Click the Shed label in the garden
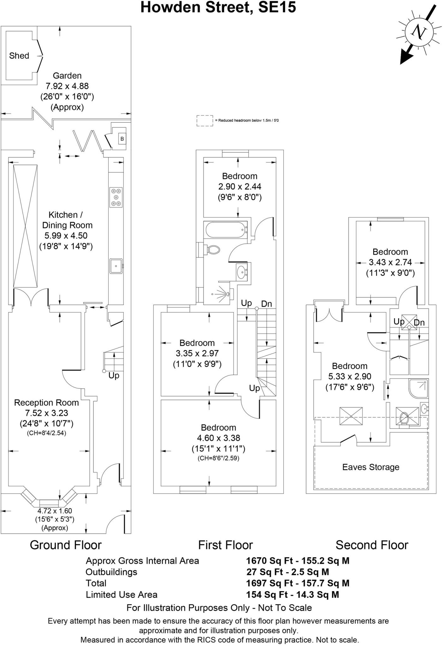(19, 56)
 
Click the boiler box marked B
(122, 139)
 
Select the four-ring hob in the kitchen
(116, 197)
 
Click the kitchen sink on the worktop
(116, 266)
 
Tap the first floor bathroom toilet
(214, 250)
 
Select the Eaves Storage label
(371, 467)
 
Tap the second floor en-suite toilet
(404, 418)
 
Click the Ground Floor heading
(66, 545)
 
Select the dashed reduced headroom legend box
(205, 120)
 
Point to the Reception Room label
(46, 403)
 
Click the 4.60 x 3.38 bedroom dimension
(218, 438)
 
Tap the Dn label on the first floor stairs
(267, 304)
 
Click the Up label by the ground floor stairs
(114, 376)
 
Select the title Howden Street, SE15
(218, 8)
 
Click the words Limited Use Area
(121, 595)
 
